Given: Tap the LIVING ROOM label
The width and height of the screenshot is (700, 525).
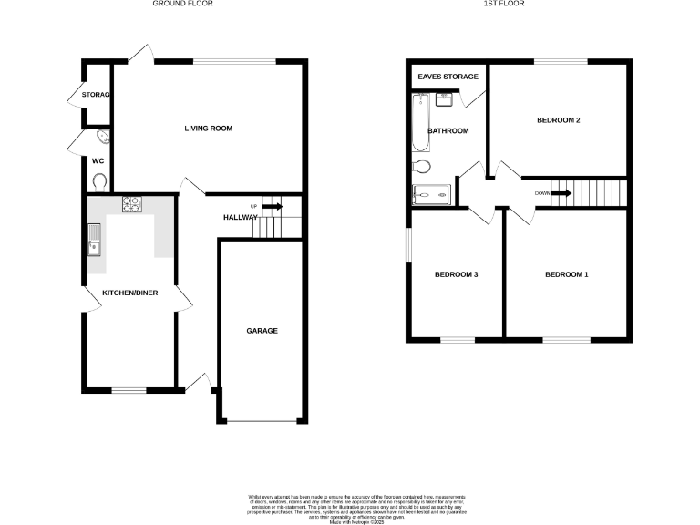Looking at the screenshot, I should pos(209,129).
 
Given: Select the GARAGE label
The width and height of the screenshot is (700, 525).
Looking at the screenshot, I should pos(262,331).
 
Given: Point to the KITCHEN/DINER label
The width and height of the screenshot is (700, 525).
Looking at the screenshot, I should pos(129,292).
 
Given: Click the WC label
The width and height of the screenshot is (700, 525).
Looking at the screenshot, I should pos(98,161).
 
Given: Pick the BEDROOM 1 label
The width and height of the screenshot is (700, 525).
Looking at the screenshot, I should pos(566,274).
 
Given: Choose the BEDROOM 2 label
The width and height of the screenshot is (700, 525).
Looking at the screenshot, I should pos(559,120).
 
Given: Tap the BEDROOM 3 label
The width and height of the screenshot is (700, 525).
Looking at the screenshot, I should pos(456,274).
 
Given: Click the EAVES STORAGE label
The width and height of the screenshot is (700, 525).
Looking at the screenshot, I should pos(448,77).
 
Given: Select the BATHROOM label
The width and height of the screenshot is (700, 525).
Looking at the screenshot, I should pos(448,131).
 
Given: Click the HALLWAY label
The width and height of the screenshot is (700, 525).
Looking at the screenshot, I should pos(242,217).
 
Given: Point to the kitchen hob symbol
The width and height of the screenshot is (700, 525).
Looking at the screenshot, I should pos(131,205).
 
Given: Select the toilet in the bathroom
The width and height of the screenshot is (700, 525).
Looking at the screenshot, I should pos(420,167).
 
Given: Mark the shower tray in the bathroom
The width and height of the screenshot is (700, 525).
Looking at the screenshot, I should pos(431,194).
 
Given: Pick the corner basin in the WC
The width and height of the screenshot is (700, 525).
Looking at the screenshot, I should pos(101,138).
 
